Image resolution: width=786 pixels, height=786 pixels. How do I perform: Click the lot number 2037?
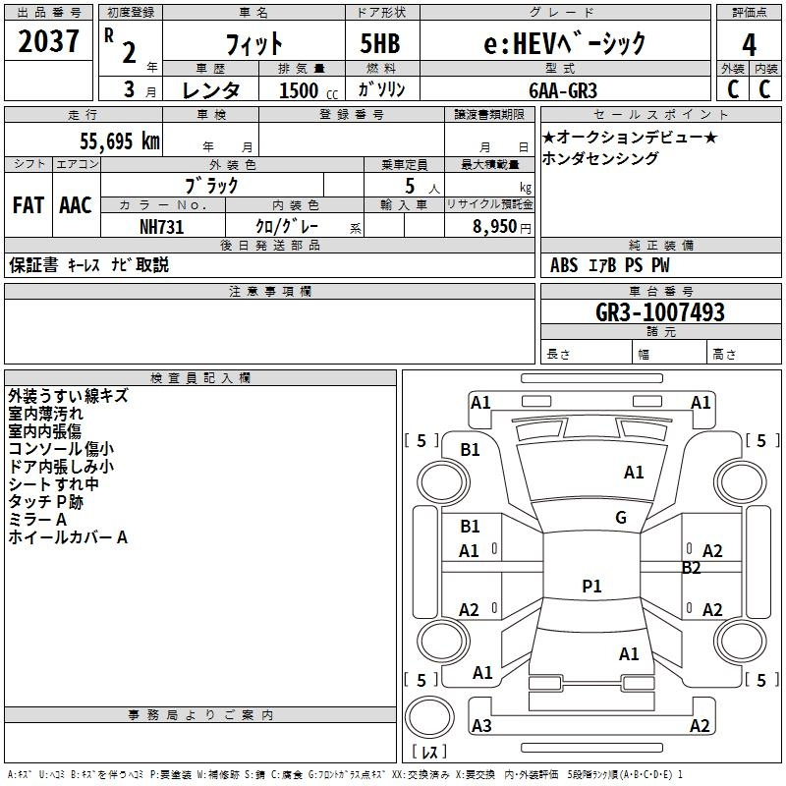click(x=48, y=41)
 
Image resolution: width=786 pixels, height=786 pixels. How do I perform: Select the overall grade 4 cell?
click(x=749, y=44)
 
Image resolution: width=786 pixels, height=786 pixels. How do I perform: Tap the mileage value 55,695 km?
click(x=120, y=141)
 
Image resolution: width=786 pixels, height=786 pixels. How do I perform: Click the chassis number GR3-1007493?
click(x=660, y=312)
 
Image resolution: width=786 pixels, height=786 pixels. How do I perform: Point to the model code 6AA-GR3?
click(x=563, y=90)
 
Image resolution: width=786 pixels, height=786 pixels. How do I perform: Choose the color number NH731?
click(x=161, y=227)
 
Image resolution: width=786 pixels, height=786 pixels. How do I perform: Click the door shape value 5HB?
click(x=380, y=43)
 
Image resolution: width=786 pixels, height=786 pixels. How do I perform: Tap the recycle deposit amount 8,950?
click(x=494, y=227)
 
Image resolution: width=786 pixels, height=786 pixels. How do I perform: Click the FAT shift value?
click(x=28, y=205)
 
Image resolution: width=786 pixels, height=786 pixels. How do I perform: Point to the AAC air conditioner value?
click(x=76, y=205)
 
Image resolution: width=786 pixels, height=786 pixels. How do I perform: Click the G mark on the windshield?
click(x=621, y=518)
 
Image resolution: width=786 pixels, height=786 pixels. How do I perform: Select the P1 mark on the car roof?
click(x=591, y=586)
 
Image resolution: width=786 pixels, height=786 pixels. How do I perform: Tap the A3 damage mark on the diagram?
click(x=481, y=725)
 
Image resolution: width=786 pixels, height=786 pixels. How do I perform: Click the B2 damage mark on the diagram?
click(x=691, y=568)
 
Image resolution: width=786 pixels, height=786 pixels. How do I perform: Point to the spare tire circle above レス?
click(x=429, y=717)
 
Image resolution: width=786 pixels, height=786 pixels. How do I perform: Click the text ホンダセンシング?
click(x=600, y=158)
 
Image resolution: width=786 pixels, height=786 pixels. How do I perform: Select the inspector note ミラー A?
click(x=37, y=520)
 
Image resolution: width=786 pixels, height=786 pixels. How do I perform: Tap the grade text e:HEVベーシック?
click(x=564, y=43)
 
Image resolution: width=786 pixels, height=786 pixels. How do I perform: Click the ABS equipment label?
click(x=564, y=265)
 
